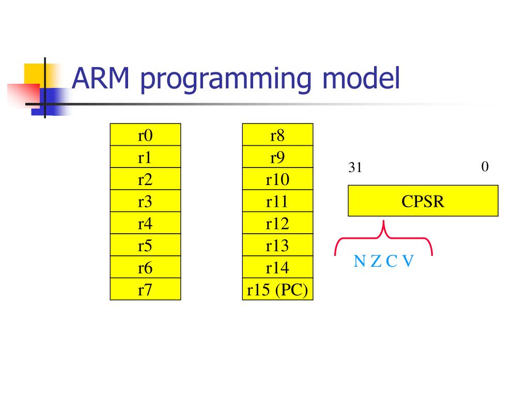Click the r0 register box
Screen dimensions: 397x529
[145, 135]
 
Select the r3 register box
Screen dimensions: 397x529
[145, 202]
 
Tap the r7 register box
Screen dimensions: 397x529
[145, 289]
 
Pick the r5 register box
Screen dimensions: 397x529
[145, 246]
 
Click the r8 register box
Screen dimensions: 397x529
[277, 135]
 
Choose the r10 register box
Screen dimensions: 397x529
[277, 179]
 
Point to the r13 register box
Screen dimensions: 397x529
[277, 246]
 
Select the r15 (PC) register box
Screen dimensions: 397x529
[277, 290]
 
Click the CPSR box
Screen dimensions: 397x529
[423, 201]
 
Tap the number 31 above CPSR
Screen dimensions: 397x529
[355, 168]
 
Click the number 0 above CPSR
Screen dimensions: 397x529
[485, 167]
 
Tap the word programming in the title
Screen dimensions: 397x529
[225, 80]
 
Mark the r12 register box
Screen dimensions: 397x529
[277, 223]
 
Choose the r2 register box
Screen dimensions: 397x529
[145, 179]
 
